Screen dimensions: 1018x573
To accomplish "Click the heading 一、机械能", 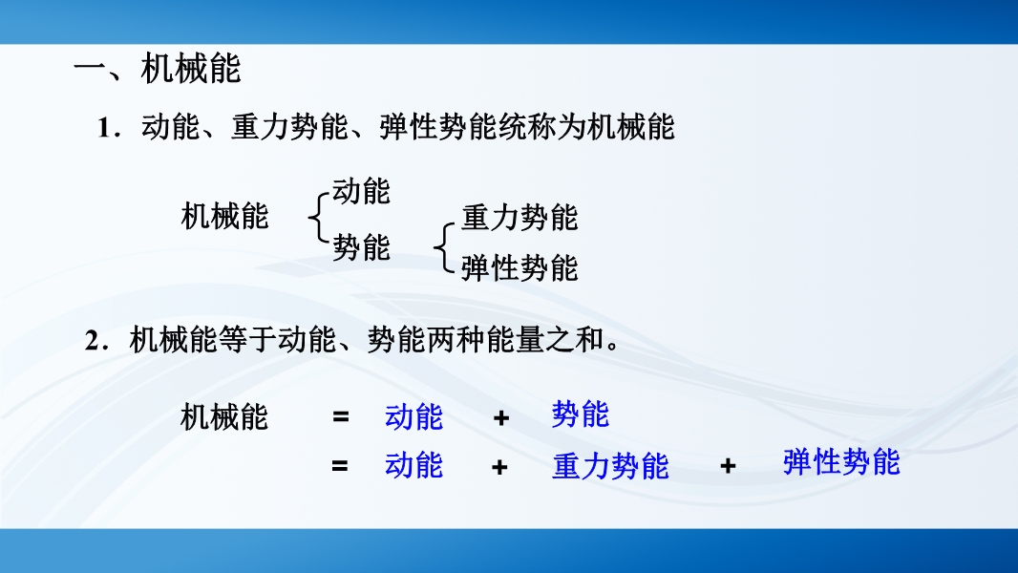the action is pyautogui.click(x=158, y=69).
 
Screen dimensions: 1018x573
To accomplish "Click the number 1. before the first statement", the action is pyautogui.click(x=108, y=128).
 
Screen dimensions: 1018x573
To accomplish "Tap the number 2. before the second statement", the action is pyautogui.click(x=96, y=341).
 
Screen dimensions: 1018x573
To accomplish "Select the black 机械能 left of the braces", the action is pyautogui.click(x=224, y=216).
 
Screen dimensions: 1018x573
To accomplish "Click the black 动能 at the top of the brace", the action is pyautogui.click(x=362, y=191).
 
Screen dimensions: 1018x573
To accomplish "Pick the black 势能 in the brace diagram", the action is pyautogui.click(x=362, y=247).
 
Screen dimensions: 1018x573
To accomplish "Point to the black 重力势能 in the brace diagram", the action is pyautogui.click(x=520, y=218).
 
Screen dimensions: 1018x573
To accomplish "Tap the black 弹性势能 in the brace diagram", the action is pyautogui.click(x=520, y=268).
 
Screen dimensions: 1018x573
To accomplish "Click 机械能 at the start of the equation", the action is pyautogui.click(x=224, y=416).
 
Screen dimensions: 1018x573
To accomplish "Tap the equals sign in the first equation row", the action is pyautogui.click(x=341, y=417).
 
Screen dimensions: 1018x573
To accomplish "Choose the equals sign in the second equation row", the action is pyautogui.click(x=340, y=466).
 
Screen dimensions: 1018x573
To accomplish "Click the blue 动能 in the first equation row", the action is pyautogui.click(x=414, y=416).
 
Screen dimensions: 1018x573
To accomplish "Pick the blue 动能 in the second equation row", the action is pyautogui.click(x=414, y=465).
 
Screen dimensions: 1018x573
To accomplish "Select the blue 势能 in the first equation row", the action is pyautogui.click(x=581, y=414).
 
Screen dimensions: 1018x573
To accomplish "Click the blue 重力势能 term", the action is pyautogui.click(x=610, y=466).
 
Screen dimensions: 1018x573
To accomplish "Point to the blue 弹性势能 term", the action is pyautogui.click(x=841, y=462).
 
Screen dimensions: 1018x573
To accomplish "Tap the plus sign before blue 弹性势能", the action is pyautogui.click(x=728, y=465).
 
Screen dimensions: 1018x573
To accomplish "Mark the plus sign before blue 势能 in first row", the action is pyautogui.click(x=500, y=417).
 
